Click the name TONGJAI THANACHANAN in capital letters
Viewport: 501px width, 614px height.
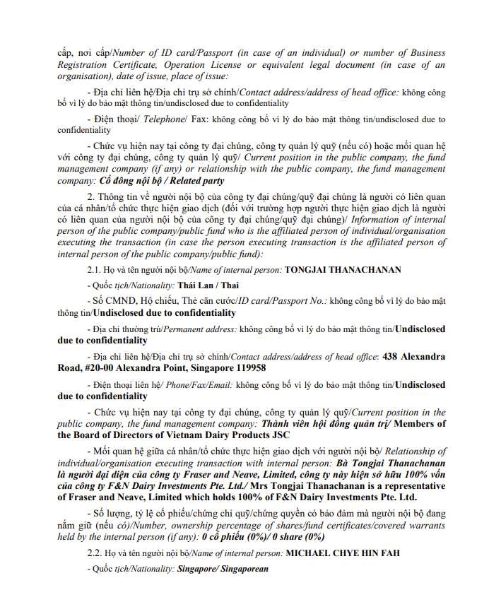pyautogui.click(x=343, y=270)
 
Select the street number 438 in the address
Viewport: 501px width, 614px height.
pyautogui.click(x=391, y=357)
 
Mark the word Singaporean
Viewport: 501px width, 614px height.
pyautogui.click(x=242, y=569)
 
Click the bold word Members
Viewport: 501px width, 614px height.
pyautogui.click(x=419, y=423)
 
